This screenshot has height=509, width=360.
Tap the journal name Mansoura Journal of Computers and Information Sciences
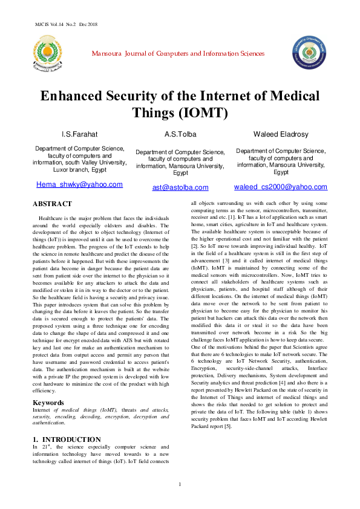coord(178,54)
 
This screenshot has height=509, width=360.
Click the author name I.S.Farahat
coord(80,134)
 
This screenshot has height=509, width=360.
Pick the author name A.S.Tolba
coord(180,134)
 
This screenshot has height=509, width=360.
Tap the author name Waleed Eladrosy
coord(281,134)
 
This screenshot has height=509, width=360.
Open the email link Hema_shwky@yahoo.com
coord(80,184)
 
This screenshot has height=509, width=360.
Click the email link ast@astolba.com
coord(180,187)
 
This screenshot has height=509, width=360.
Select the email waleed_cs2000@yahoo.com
coord(281,187)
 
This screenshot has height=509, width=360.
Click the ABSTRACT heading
coord(52,204)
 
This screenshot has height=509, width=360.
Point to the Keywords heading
coord(48,386)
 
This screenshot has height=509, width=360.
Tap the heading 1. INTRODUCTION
coord(67,439)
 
